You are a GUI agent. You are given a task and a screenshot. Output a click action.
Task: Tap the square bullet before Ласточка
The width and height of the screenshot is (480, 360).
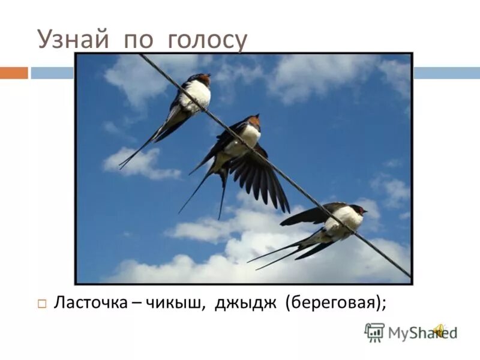(42, 304)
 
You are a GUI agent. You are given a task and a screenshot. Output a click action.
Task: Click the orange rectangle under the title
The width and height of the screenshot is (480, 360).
(14, 73)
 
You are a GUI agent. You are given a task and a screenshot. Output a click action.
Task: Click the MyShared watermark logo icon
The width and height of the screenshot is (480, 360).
(374, 332)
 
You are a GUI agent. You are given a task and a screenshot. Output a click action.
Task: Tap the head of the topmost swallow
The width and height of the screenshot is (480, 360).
(203, 79)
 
